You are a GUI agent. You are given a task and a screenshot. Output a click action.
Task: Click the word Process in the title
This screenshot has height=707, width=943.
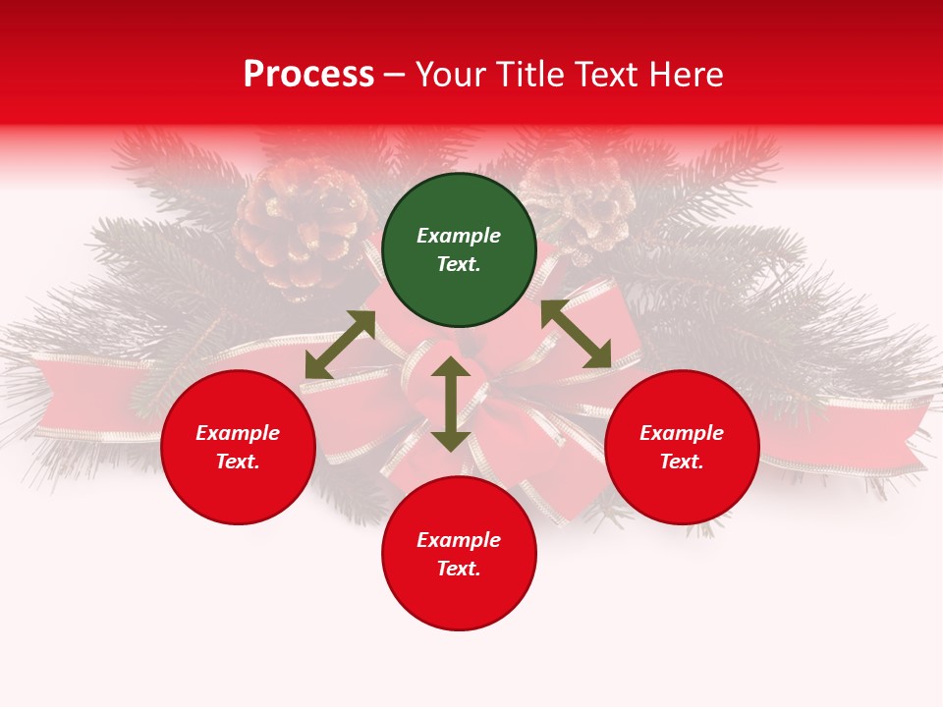(x=308, y=75)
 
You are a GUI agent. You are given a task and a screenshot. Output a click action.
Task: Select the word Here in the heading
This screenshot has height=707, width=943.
(x=685, y=75)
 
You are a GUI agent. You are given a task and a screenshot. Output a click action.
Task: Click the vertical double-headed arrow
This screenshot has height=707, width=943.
(x=451, y=404)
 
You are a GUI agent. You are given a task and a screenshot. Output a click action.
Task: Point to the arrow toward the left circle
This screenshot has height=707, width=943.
(x=340, y=345)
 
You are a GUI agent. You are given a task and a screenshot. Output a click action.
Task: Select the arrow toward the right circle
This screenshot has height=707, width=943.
(x=576, y=334)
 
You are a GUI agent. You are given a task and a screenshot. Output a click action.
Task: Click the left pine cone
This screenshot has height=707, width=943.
(x=300, y=226)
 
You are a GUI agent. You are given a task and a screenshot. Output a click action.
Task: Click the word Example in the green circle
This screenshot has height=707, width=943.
(x=459, y=236)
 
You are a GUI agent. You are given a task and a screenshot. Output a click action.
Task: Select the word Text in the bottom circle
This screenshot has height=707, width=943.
(x=457, y=569)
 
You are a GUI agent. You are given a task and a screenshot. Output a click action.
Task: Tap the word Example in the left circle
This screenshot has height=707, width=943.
(x=238, y=433)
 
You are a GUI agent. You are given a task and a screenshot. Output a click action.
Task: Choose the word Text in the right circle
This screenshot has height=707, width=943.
(x=680, y=462)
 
